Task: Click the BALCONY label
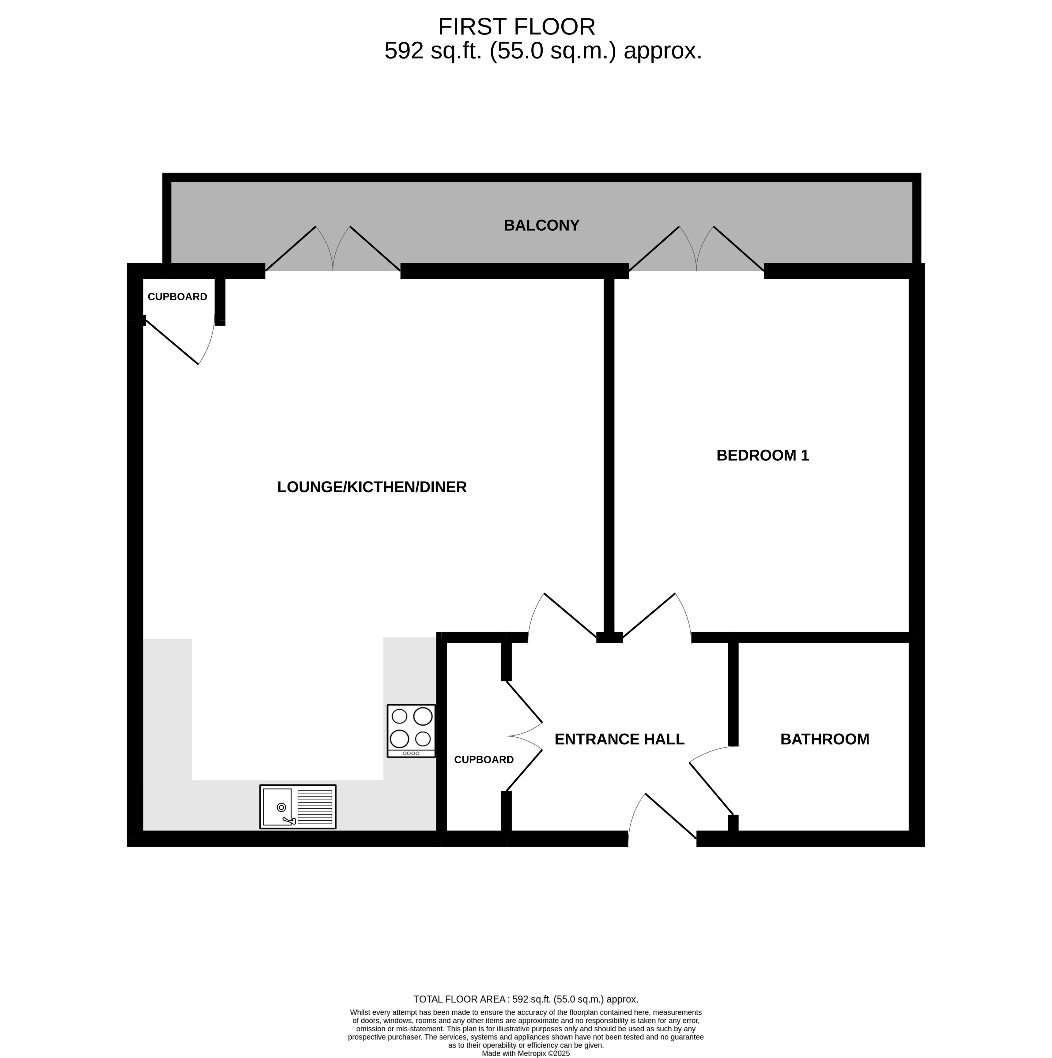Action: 541,226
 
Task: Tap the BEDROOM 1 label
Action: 762,455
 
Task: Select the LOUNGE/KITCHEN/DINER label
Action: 372,487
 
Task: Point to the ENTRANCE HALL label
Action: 619,739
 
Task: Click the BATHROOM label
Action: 825,739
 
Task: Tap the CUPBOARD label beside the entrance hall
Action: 484,760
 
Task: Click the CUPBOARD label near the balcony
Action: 177,297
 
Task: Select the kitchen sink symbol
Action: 298,807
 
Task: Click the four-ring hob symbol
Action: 411,731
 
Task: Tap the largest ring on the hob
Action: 399,739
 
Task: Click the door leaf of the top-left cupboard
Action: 172,342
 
